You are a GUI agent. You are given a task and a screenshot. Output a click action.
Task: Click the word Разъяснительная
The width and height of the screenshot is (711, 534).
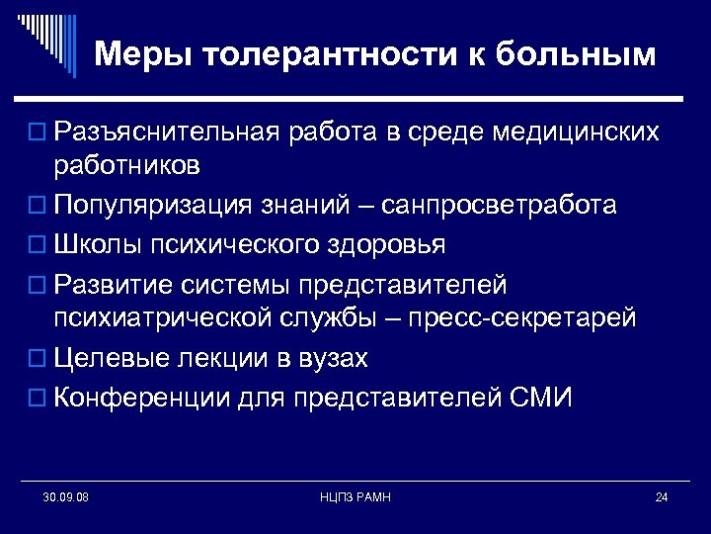pos(168,132)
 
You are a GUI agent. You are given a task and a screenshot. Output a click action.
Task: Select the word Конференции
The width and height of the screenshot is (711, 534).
pos(141,398)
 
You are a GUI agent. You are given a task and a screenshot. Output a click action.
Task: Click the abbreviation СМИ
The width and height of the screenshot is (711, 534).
pos(542,398)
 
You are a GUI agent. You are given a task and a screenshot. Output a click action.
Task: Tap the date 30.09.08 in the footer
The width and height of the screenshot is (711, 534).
pos(66,496)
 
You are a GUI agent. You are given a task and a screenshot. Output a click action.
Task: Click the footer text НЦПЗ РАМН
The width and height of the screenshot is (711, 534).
pos(356,496)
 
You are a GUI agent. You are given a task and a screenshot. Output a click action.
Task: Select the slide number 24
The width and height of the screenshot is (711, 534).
pos(662,496)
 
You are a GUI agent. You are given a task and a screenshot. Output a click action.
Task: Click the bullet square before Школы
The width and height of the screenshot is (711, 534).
pos(39,244)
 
